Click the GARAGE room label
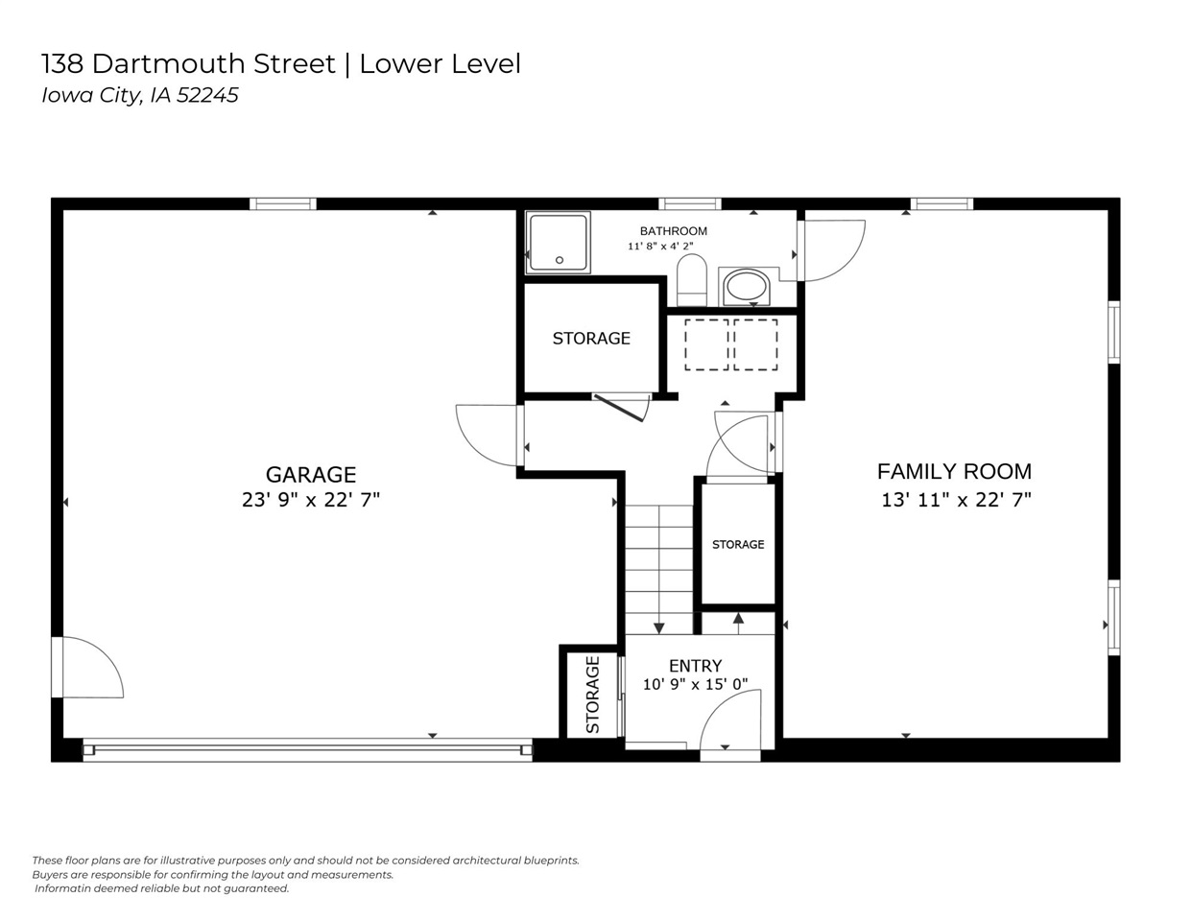[311, 474]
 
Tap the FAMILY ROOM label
[954, 471]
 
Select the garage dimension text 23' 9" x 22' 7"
[311, 500]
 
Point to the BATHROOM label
[673, 231]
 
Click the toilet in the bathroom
[692, 279]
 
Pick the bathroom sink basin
[746, 285]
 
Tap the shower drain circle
[559, 260]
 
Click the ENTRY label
[695, 666]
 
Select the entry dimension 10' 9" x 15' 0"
[695, 684]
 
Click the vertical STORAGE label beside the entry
[592, 695]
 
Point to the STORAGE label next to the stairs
[738, 544]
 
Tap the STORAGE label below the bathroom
[591, 339]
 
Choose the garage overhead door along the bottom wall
[307, 749]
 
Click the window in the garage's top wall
[283, 204]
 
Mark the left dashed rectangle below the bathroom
[706, 344]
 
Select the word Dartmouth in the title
[213, 63]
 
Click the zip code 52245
[207, 95]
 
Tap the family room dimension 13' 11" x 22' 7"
[956, 500]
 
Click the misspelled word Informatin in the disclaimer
[62, 888]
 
